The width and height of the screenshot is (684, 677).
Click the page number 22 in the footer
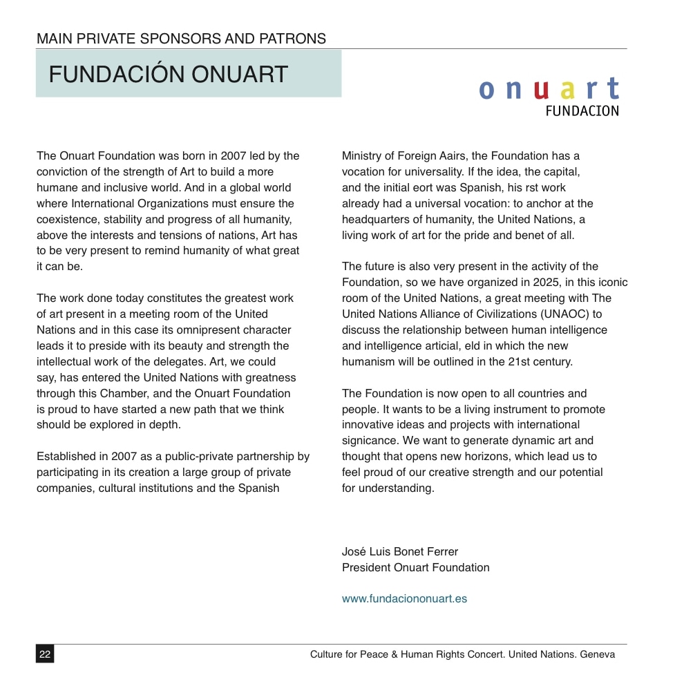(x=45, y=654)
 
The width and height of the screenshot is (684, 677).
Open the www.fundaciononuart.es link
(x=404, y=599)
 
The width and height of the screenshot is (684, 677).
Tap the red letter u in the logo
(x=542, y=90)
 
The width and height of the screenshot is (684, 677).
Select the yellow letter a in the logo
(x=568, y=90)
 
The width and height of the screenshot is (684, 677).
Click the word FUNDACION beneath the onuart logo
(x=582, y=111)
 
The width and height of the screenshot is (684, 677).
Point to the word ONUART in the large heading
(x=239, y=75)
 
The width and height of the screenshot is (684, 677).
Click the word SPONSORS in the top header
(x=180, y=39)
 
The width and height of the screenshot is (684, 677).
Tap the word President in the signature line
(x=365, y=567)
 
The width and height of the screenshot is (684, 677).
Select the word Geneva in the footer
(x=598, y=654)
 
